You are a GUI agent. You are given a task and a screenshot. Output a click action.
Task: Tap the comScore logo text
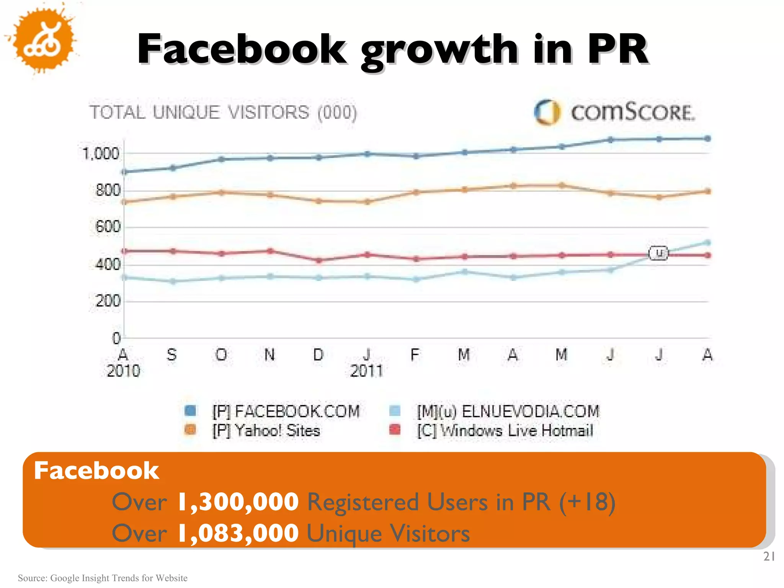(632, 113)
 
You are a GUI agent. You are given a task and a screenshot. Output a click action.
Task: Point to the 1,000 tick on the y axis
(101, 154)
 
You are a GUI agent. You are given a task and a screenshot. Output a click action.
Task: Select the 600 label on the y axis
(108, 227)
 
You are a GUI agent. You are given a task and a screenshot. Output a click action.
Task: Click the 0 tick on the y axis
(116, 338)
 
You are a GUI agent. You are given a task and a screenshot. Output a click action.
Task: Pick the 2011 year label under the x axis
(366, 371)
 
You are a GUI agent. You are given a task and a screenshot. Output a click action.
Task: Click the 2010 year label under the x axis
(123, 371)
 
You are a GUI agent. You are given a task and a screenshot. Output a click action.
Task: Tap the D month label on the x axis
(318, 355)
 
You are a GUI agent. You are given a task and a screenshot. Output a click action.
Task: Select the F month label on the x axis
(415, 355)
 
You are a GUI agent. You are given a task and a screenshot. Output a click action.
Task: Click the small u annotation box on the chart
(658, 253)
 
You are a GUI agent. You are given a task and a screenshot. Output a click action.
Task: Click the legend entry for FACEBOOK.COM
(286, 412)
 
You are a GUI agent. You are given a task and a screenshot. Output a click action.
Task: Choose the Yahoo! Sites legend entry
(266, 431)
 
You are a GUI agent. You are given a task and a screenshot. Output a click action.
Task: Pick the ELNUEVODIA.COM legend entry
(508, 412)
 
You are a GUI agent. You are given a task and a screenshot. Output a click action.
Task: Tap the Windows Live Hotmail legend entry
(505, 431)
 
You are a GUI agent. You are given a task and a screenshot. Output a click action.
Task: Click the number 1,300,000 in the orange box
(238, 502)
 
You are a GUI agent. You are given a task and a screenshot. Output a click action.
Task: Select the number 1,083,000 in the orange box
(238, 533)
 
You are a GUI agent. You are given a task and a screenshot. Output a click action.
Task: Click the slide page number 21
(769, 556)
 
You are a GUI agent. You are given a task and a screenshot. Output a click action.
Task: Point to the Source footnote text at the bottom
(103, 578)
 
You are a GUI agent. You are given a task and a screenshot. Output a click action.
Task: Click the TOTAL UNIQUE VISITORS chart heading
(223, 113)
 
